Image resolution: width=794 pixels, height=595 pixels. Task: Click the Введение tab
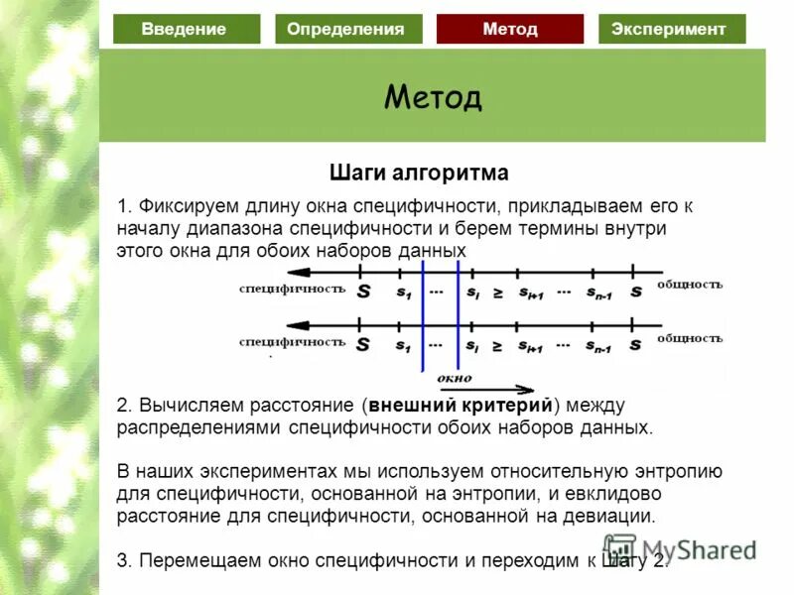[186, 29]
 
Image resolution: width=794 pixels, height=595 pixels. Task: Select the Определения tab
[346, 29]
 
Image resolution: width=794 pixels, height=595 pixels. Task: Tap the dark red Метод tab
[510, 29]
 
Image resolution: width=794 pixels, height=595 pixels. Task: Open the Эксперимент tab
[671, 29]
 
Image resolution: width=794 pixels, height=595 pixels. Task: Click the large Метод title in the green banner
[433, 97]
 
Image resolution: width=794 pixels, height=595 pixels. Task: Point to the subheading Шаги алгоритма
[419, 174]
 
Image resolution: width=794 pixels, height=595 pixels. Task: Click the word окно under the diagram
[454, 378]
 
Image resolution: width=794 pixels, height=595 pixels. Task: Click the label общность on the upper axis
[689, 285]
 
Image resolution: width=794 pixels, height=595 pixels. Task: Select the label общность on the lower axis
[689, 338]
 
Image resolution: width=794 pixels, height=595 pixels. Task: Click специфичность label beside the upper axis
[292, 290]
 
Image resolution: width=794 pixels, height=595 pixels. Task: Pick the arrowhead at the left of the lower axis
[297, 324]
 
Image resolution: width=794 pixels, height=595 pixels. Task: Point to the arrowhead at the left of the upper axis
[297, 271]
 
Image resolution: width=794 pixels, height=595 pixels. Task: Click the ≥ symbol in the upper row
[497, 293]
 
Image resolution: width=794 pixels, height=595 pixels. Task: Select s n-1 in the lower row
[598, 346]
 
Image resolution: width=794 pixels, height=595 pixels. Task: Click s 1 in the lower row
[403, 346]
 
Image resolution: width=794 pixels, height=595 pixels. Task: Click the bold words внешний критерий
[462, 406]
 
